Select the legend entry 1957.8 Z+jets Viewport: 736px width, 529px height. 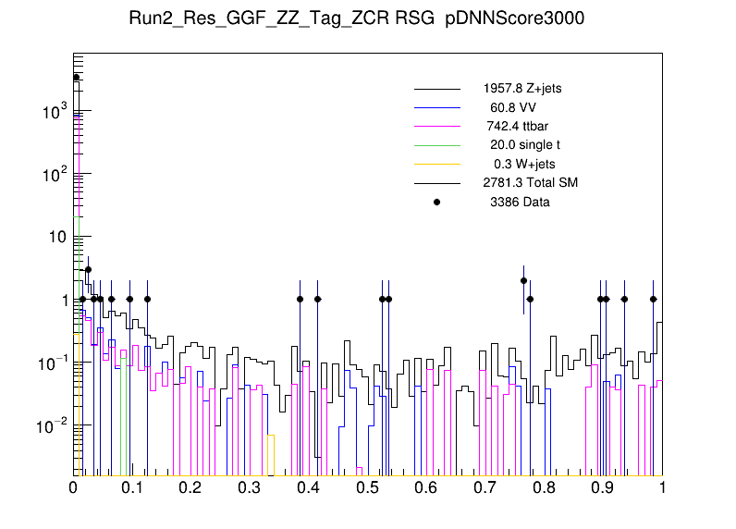click(521, 89)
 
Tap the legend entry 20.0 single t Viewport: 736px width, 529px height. click(524, 145)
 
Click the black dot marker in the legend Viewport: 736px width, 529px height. click(437, 202)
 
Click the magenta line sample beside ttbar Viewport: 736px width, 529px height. click(437, 126)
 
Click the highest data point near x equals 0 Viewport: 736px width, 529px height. click(77, 78)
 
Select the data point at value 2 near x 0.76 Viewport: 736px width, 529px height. click(523, 280)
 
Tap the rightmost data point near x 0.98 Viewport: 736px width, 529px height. click(653, 299)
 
